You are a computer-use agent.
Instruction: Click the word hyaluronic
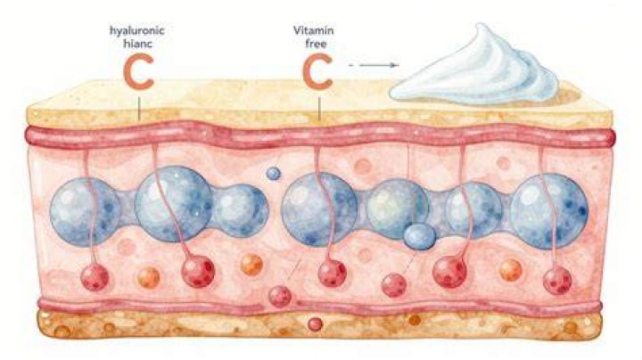(137, 31)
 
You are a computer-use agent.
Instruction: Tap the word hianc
(137, 44)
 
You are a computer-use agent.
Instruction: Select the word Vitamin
(314, 30)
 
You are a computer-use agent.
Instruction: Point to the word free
(315, 44)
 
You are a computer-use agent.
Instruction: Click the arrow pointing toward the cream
(374, 65)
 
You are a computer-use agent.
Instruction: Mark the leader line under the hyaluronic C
(139, 108)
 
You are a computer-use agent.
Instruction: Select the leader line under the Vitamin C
(319, 110)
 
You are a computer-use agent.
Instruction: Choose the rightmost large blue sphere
(549, 211)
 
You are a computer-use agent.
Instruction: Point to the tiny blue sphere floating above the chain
(274, 174)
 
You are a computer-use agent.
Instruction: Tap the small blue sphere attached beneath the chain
(420, 236)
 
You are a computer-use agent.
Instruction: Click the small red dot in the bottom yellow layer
(315, 324)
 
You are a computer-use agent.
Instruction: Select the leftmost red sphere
(95, 277)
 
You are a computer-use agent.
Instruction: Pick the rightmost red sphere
(557, 280)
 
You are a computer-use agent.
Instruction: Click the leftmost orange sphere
(149, 277)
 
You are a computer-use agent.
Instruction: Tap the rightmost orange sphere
(511, 270)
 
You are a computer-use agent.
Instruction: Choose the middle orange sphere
(251, 265)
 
